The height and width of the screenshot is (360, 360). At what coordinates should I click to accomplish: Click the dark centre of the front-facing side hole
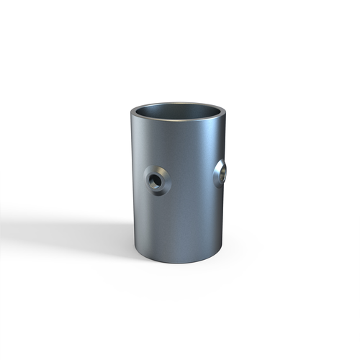pyautogui.click(x=155, y=179)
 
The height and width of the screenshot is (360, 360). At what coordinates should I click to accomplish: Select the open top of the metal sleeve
pyautogui.click(x=179, y=114)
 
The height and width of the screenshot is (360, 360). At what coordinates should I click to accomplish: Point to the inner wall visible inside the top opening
pyautogui.click(x=180, y=110)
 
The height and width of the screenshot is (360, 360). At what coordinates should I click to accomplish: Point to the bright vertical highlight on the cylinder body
pyautogui.click(x=209, y=187)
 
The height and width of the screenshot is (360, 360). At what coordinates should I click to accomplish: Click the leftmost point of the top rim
pyautogui.click(x=132, y=113)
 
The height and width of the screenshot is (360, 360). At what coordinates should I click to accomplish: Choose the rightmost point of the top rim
pyautogui.click(x=228, y=114)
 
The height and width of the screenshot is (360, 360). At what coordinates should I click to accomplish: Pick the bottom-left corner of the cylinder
pyautogui.click(x=135, y=248)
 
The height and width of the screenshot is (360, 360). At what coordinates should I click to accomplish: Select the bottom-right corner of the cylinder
pyautogui.click(x=224, y=248)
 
